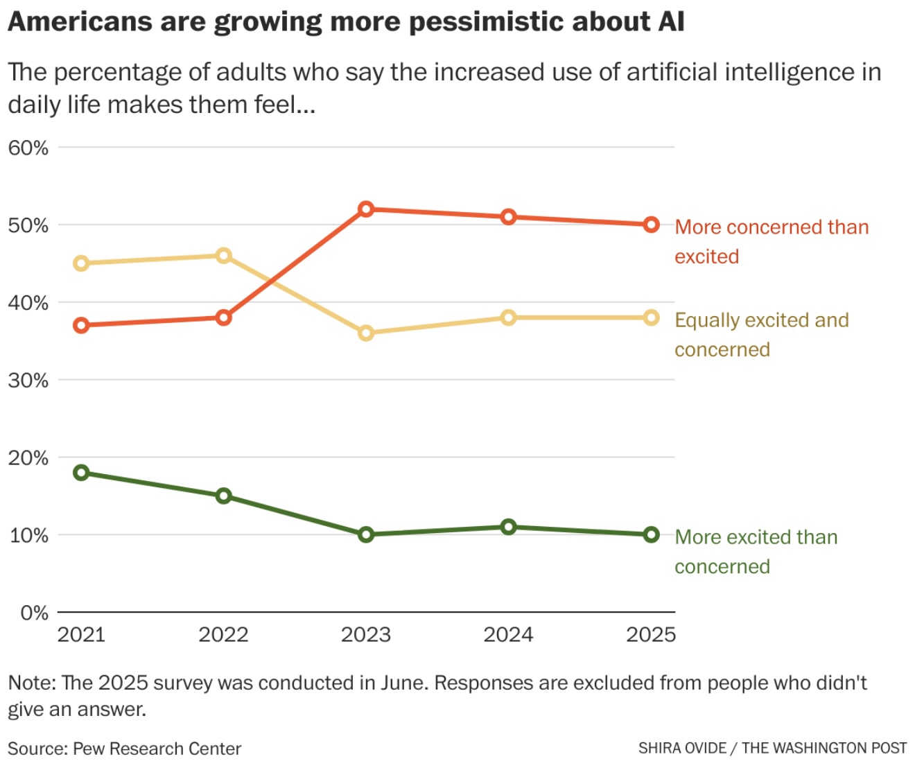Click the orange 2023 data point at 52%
coord(366,209)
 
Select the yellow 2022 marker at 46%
coord(223,256)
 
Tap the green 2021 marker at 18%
coord(81,473)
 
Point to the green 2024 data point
coord(508,527)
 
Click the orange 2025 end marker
coord(651,225)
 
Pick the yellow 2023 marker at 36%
coord(366,333)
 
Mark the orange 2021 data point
coord(81,325)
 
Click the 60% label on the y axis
coord(28,148)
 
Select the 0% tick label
coord(34,613)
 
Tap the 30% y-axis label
coord(28,380)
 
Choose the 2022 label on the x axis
coord(223,635)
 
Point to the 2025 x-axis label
coord(651,635)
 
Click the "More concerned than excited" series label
coord(771,241)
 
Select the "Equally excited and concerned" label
coord(761,334)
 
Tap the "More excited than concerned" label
coord(756,552)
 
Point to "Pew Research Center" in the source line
coord(157,749)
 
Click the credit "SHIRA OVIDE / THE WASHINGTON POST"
coord(772,748)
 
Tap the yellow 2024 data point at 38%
coord(508,317)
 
